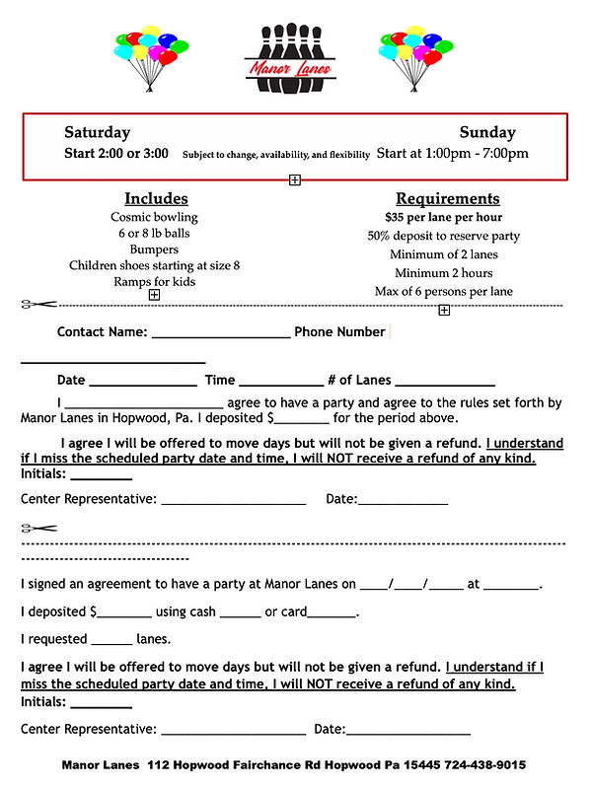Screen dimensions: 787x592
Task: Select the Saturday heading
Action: coord(98,132)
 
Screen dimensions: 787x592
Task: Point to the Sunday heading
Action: coord(487,132)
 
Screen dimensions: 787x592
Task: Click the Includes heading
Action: coord(154,198)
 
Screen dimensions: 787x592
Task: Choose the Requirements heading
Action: coord(447,198)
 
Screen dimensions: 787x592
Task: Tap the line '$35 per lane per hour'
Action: coord(443,217)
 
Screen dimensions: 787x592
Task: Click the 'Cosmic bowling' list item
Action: coord(154,217)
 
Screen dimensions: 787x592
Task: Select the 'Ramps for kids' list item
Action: coord(154,281)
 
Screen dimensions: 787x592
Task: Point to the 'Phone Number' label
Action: coord(339,332)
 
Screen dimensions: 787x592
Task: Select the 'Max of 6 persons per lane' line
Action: coord(443,292)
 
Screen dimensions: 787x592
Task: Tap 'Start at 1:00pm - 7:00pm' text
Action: coord(453,154)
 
